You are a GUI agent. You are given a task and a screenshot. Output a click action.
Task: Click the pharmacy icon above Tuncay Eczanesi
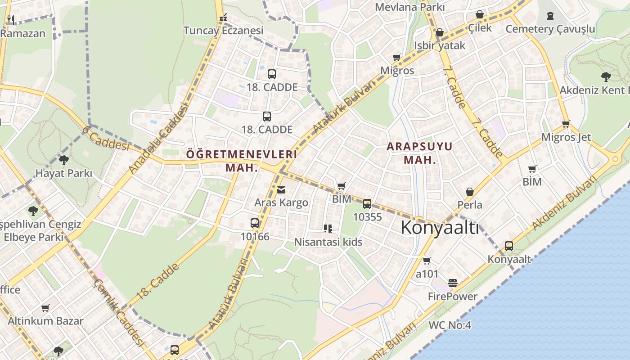(x=223, y=18)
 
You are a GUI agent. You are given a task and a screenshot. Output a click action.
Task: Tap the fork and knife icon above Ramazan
(x=11, y=20)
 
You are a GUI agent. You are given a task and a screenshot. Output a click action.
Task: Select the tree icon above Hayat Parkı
(x=64, y=160)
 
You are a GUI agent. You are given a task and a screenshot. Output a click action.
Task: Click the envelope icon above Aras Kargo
(x=281, y=190)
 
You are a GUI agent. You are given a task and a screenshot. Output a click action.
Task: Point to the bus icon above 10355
(x=367, y=204)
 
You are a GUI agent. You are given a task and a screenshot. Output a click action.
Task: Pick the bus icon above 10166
(x=255, y=223)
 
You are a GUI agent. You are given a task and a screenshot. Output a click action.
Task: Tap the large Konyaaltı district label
(x=440, y=228)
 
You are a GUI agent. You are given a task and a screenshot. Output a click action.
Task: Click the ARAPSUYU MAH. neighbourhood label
(x=419, y=153)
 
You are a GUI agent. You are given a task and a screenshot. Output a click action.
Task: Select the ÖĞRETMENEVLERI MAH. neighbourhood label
(x=242, y=161)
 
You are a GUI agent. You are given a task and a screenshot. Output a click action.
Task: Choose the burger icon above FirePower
(x=453, y=283)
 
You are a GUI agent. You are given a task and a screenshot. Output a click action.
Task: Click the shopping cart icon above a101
(x=427, y=261)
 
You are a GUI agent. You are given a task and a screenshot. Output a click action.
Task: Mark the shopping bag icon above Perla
(x=470, y=192)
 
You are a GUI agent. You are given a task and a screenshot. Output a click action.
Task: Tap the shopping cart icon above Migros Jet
(x=566, y=124)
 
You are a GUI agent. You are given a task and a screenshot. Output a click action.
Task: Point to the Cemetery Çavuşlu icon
(x=550, y=16)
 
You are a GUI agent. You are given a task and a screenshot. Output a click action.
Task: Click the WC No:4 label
(x=450, y=325)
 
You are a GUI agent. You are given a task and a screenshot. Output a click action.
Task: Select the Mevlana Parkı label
(x=409, y=7)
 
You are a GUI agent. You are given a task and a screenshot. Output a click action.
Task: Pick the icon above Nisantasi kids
(x=328, y=229)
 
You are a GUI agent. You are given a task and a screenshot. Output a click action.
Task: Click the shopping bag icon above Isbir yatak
(x=440, y=32)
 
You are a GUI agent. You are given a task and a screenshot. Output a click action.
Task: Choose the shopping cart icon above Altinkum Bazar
(x=45, y=308)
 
